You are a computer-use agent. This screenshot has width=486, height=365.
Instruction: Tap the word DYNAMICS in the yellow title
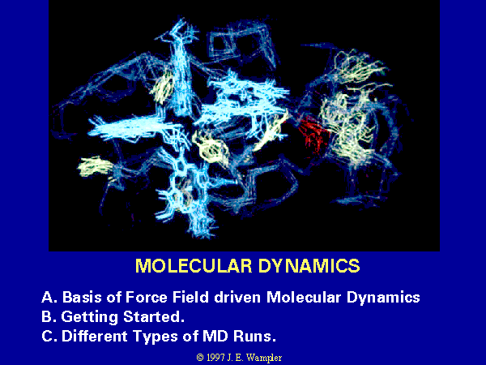coord(309,266)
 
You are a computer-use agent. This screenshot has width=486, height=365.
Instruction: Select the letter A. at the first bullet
coord(49,298)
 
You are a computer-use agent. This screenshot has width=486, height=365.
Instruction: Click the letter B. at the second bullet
coord(49,317)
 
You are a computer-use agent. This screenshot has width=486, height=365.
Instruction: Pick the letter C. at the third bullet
coord(49,336)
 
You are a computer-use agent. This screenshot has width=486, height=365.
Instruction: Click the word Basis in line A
coord(83,298)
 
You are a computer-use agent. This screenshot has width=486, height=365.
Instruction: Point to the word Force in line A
coord(147,298)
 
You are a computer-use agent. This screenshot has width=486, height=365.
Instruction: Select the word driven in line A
coord(237,298)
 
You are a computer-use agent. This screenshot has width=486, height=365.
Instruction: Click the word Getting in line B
coord(90,317)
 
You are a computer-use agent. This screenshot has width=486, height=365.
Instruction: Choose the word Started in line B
coord(154,317)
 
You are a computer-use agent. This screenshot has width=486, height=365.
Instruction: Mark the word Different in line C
coord(95,336)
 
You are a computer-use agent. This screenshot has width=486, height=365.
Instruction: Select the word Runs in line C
coord(254,336)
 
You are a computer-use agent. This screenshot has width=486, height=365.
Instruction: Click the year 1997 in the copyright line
coord(215,358)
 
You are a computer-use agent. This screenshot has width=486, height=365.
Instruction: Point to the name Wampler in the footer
coord(264,359)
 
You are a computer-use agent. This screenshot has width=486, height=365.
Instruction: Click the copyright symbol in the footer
coord(200,358)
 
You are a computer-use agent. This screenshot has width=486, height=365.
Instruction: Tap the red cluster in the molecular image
coord(313,132)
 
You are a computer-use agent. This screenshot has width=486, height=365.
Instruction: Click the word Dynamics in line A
coord(383,298)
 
